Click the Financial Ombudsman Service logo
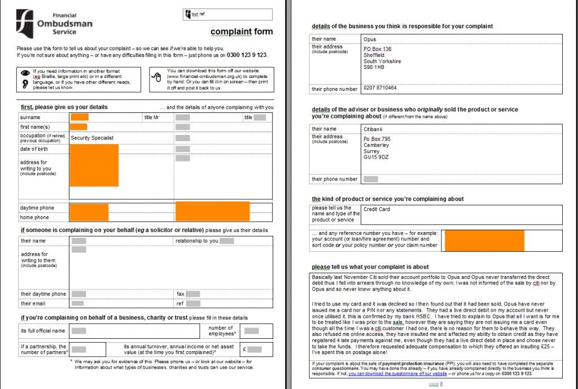[54, 23]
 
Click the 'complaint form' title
[241, 32]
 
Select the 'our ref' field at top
[228, 14]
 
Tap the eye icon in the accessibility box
[25, 73]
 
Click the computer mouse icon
[158, 80]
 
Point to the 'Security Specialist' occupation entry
[92, 138]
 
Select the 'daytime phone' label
[37, 208]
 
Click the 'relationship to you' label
[196, 241]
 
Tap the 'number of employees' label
[221, 331]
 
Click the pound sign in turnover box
[244, 349]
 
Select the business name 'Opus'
[369, 40]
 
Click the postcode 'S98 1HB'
[374, 67]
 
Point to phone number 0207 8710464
[380, 88]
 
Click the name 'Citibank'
[373, 129]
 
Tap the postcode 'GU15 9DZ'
[375, 158]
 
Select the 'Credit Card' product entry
[376, 209]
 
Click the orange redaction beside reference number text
[484, 240]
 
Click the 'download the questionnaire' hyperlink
[398, 374]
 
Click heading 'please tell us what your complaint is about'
[370, 266]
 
